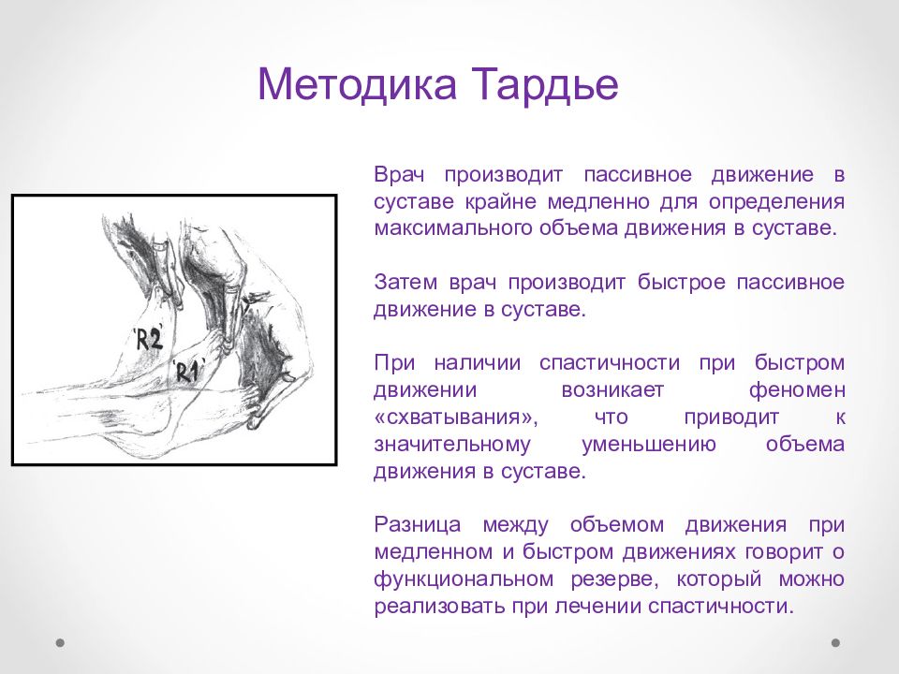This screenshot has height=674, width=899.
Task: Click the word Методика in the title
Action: coord(357,84)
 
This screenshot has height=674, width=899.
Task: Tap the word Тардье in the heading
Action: coord(546,86)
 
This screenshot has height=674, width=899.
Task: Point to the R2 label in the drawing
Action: coord(149,339)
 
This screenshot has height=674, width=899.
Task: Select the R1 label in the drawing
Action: coord(188,372)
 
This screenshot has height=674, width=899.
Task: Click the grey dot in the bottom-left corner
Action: coord(60,642)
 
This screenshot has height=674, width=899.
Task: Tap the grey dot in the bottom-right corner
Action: coord(836,642)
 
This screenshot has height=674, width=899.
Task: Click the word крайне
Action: coord(500,201)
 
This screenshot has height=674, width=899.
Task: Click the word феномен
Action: coord(796,390)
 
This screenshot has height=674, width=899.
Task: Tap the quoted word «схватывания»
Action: coord(456,418)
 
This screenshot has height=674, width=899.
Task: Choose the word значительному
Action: coord(452,445)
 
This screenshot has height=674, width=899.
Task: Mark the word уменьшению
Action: coord(648,445)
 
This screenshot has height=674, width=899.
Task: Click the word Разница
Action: coord(418,525)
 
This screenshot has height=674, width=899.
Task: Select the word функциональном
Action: coord(464,579)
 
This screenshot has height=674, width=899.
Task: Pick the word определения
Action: coord(777,202)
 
